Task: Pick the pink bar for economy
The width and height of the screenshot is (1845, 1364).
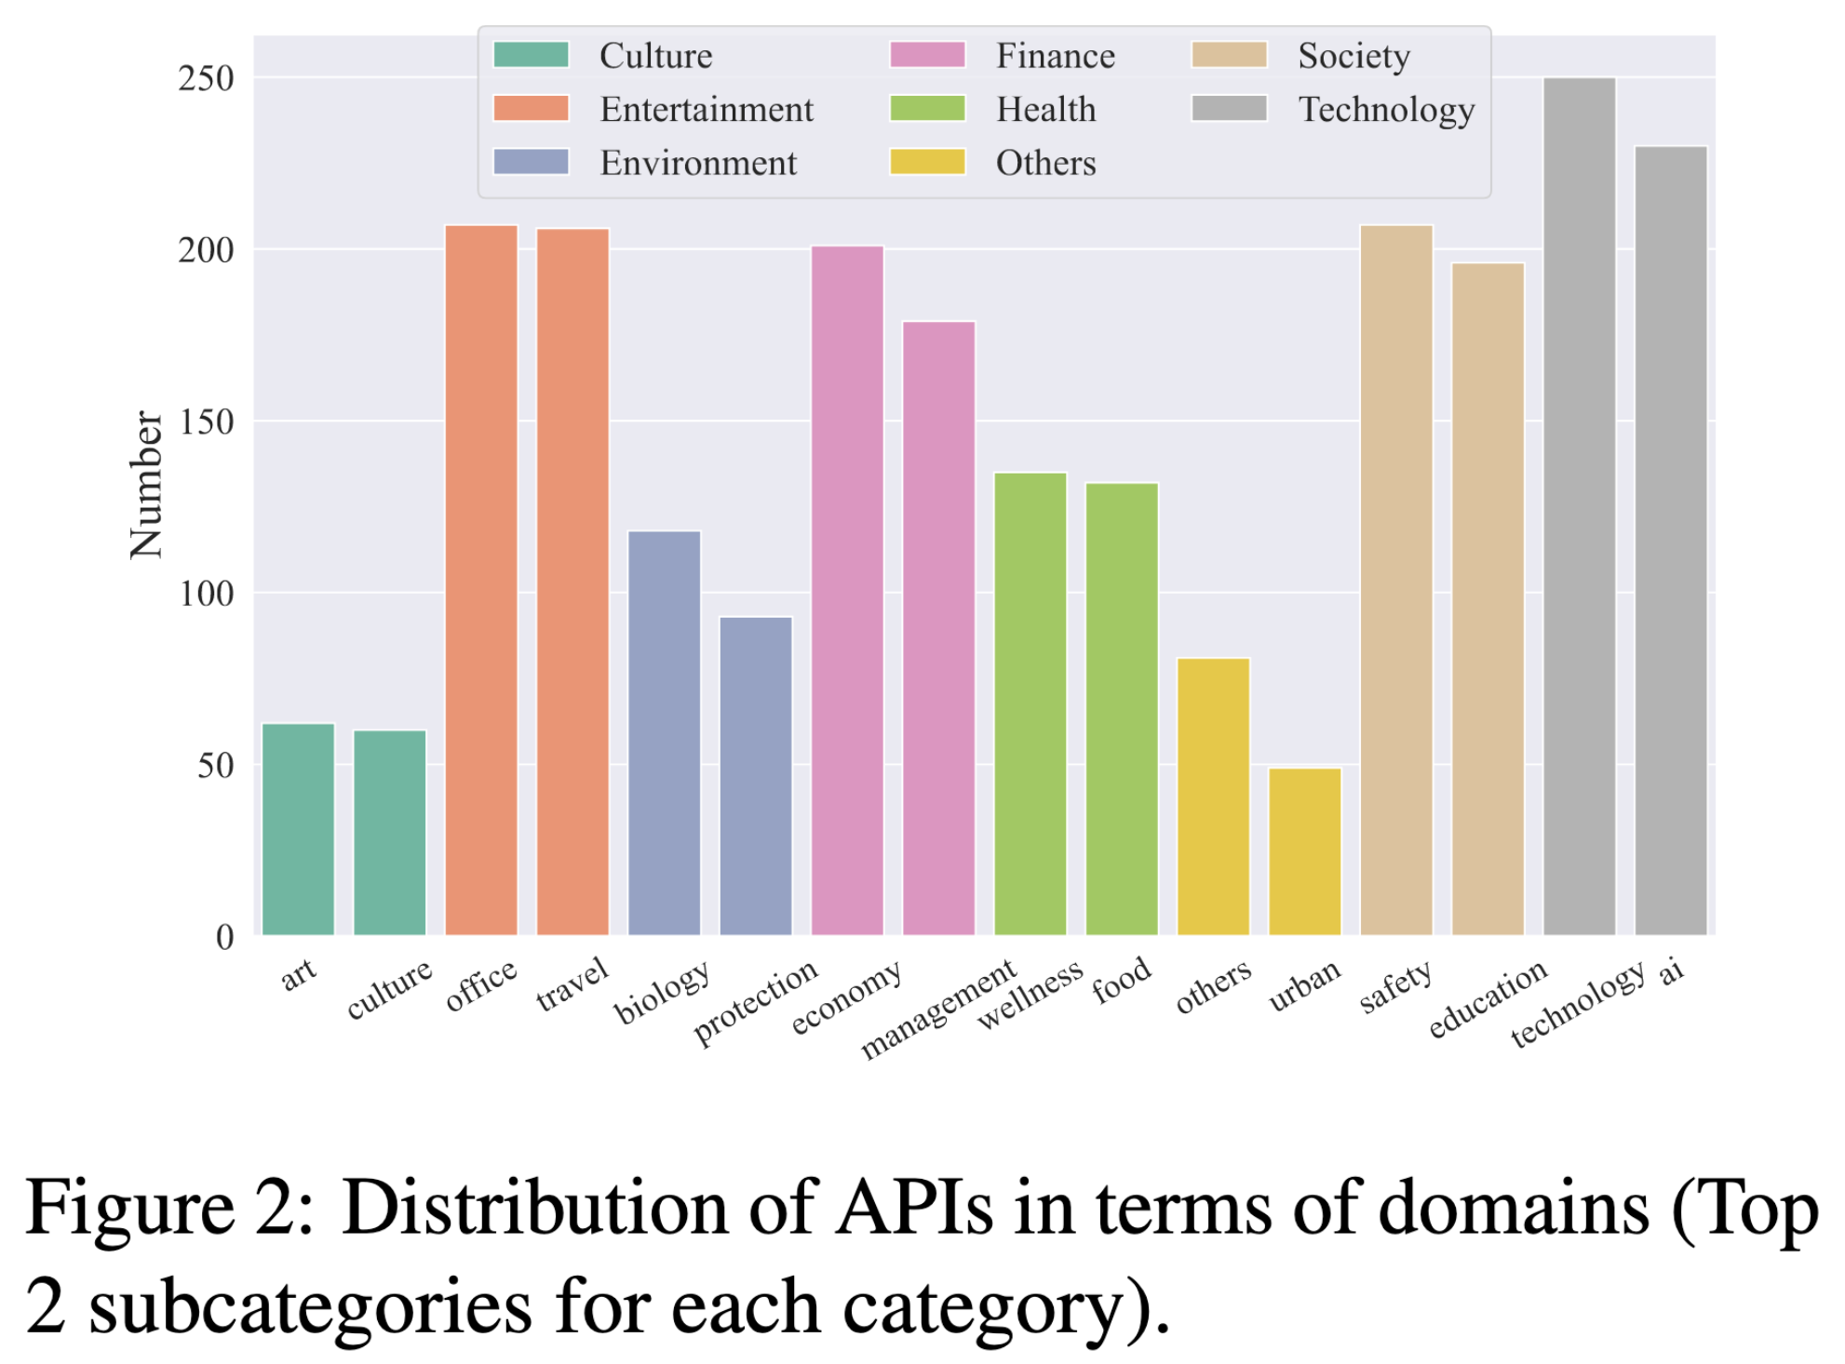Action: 847,590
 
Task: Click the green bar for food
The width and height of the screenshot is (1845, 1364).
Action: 1122,708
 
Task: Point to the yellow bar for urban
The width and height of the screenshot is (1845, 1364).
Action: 1304,850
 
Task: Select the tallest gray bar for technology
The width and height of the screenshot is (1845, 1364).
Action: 1579,506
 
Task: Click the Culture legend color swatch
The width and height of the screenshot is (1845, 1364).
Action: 531,55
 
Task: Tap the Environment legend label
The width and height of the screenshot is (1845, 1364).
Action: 698,163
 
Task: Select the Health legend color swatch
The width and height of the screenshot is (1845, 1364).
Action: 927,109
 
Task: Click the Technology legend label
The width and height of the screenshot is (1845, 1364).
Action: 1386,110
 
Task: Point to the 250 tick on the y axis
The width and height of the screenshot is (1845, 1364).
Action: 207,78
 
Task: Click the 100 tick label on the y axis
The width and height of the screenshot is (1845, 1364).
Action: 207,594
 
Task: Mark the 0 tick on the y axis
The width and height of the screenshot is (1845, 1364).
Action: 224,937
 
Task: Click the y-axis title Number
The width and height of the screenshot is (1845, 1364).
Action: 146,485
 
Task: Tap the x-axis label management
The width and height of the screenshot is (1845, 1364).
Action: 938,1010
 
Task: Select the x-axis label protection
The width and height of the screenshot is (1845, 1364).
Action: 756,1001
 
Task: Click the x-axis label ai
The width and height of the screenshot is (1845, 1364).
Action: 1672,971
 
